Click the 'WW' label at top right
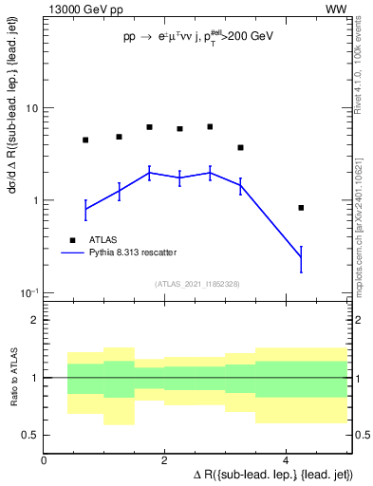[x=336, y=9]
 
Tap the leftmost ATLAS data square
[x=85, y=140]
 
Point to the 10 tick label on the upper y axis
[x=30, y=108]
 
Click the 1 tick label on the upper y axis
[x=34, y=200]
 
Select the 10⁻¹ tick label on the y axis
[x=28, y=291]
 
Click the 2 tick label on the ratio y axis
[x=34, y=320]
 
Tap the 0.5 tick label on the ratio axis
[x=29, y=435]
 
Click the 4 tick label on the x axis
[x=286, y=460]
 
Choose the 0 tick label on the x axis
[x=45, y=460]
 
